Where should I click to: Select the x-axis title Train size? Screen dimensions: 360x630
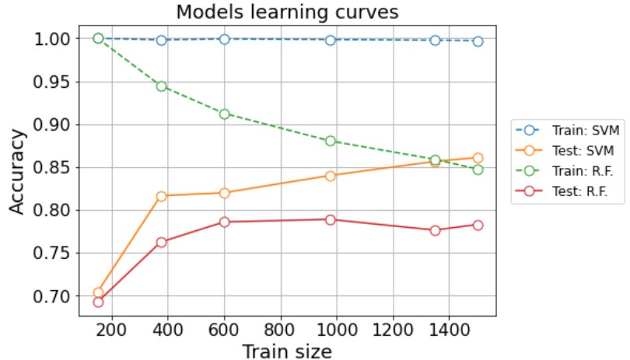[286, 351]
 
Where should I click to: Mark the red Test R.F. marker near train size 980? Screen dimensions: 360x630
[331, 219]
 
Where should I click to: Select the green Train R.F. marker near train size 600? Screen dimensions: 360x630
[225, 114]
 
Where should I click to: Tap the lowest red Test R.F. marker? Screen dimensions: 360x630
[98, 302]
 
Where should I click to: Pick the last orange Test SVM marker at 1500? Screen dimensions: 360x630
[478, 158]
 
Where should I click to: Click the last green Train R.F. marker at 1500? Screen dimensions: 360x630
[478, 170]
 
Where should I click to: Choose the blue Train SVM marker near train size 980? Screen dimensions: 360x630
[331, 40]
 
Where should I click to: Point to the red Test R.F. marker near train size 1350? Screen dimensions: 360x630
[435, 230]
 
